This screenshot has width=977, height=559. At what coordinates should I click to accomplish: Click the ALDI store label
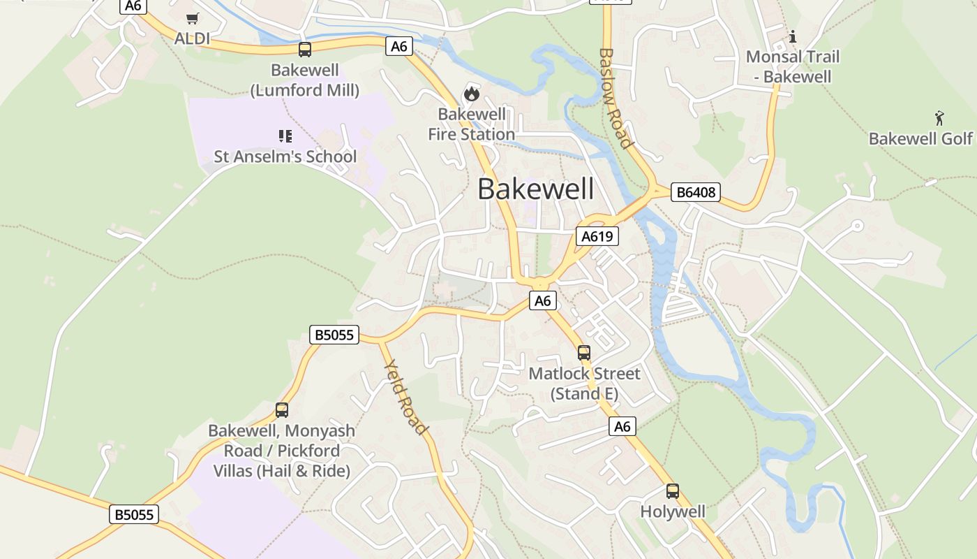[x=192, y=38]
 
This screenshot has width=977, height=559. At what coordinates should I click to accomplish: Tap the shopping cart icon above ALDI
[x=192, y=18]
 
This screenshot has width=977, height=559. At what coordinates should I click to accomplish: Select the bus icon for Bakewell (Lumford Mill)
[x=305, y=50]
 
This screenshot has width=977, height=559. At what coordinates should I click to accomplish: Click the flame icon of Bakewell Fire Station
[x=472, y=94]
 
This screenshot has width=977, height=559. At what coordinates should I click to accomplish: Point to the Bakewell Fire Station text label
[x=472, y=124]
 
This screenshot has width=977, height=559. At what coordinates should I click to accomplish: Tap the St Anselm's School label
[x=285, y=157]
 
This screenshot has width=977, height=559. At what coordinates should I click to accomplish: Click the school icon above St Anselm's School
[x=285, y=136]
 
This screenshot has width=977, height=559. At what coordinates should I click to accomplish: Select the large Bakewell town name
[x=536, y=189]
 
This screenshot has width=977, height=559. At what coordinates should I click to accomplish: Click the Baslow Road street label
[x=616, y=98]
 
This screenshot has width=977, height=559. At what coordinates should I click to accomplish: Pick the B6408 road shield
[x=695, y=192]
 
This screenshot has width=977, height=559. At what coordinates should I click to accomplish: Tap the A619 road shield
[x=597, y=236]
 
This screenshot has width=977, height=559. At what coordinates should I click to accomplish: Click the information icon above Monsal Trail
[x=792, y=36]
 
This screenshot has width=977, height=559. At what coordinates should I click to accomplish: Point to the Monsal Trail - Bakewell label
[x=793, y=66]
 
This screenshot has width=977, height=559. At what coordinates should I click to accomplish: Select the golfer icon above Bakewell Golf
[x=939, y=117]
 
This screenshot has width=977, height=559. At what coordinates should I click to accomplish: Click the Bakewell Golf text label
[x=920, y=138]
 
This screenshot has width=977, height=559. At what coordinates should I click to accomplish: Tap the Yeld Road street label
[x=405, y=396]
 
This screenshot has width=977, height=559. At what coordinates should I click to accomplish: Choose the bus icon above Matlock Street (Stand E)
[x=584, y=353]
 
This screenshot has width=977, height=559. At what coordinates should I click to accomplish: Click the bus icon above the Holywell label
[x=673, y=491]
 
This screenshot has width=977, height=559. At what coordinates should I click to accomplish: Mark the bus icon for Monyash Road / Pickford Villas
[x=282, y=410]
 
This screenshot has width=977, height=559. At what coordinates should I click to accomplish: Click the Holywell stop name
[x=673, y=511]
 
